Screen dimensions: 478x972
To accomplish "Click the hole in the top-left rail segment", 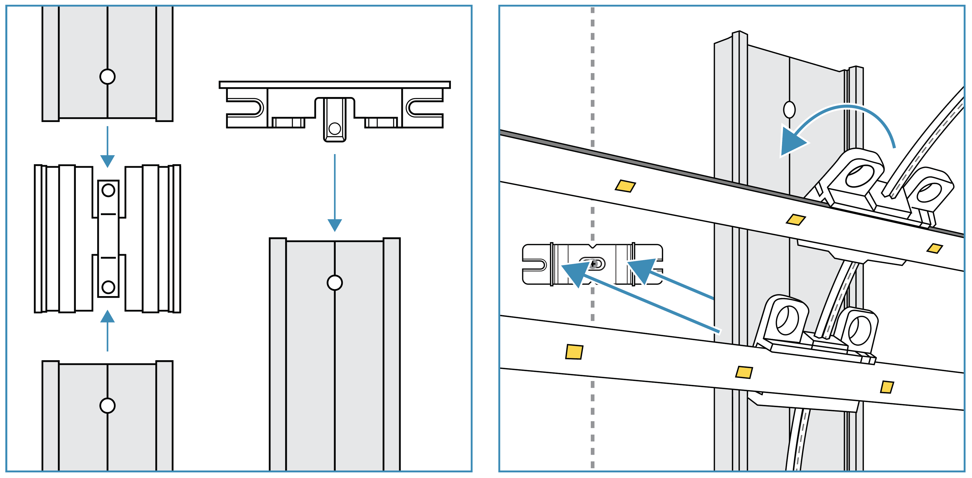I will pyautogui.click(x=108, y=77).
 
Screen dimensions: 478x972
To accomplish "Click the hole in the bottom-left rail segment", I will pyautogui.click(x=108, y=405).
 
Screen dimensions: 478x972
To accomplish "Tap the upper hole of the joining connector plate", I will pyautogui.click(x=108, y=190).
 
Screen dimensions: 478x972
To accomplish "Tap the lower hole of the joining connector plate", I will pyautogui.click(x=108, y=287).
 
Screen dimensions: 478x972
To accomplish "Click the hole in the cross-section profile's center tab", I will pyautogui.click(x=335, y=128).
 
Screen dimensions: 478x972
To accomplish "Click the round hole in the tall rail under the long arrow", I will pyautogui.click(x=335, y=282).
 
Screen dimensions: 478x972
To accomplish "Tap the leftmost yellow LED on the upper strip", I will pyautogui.click(x=625, y=186).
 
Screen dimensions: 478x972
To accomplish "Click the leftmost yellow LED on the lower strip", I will pyautogui.click(x=574, y=352).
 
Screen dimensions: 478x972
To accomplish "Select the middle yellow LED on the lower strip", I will pyautogui.click(x=744, y=372).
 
